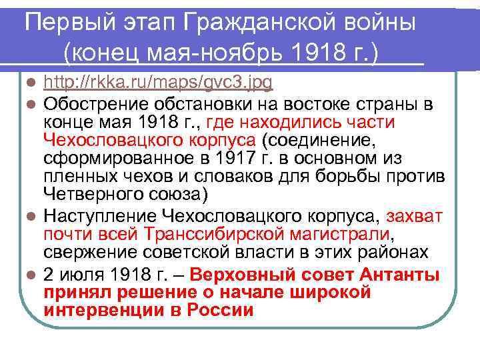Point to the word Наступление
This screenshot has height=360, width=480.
tap(101, 216)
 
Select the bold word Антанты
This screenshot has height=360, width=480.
tap(401, 275)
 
